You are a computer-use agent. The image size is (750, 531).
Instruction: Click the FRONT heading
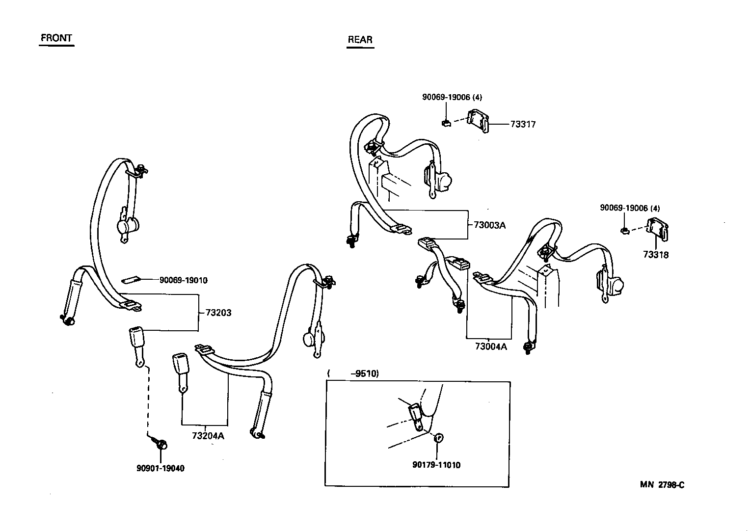tap(56, 38)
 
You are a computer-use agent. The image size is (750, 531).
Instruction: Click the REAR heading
tap(360, 40)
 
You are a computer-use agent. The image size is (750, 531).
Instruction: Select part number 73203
tap(218, 313)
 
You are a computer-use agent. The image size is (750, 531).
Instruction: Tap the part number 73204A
tap(208, 436)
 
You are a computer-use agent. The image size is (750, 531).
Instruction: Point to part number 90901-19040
tap(161, 468)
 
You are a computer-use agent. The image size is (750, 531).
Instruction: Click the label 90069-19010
tap(183, 280)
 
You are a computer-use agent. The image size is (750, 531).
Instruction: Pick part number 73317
tap(523, 125)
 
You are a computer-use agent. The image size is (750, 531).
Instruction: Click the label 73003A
tap(489, 225)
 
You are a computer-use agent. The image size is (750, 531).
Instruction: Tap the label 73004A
tap(490, 346)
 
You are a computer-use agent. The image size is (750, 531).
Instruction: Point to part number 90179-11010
tap(436, 465)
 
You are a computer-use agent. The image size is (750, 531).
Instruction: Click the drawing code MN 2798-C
tap(662, 485)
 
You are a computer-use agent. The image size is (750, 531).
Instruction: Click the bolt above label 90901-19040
tap(161, 444)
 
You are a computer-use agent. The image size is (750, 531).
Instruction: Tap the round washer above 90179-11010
tap(439, 438)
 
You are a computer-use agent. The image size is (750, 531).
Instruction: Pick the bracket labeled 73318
tap(658, 230)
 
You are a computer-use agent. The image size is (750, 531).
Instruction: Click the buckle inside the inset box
tap(415, 415)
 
